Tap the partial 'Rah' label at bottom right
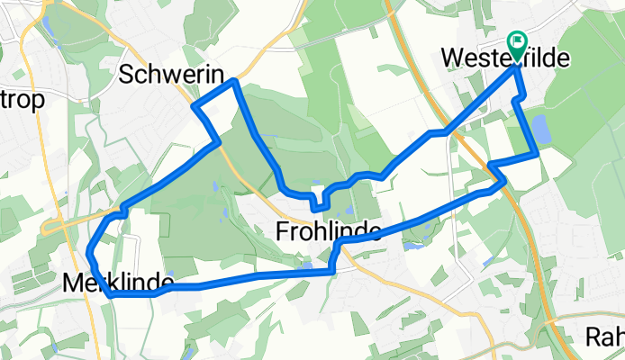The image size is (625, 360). pyautogui.click(x=605, y=337)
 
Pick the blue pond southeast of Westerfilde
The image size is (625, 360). pyautogui.click(x=541, y=130)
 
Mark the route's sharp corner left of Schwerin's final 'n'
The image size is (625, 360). pyautogui.click(x=195, y=106)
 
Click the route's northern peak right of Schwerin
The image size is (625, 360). pyautogui.click(x=235, y=82)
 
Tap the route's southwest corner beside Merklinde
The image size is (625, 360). pyautogui.click(x=110, y=293)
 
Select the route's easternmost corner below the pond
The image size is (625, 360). pyautogui.click(x=538, y=156)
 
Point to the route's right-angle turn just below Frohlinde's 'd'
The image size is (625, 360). pyautogui.click(x=334, y=246)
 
